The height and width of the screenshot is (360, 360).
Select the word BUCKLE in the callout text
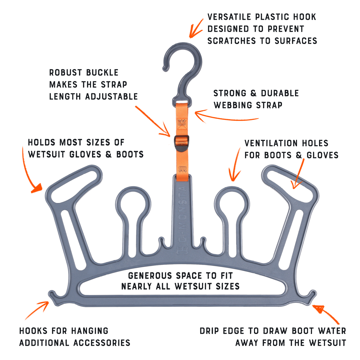click(x=100, y=73)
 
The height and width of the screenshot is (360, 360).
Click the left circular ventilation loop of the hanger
click(x=133, y=204)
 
